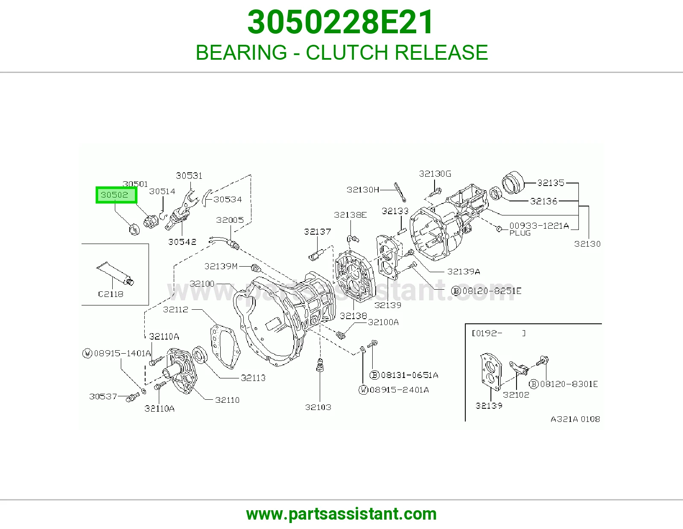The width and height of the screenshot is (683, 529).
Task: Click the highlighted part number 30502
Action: click(114, 195)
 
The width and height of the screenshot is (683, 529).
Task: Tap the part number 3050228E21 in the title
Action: click(341, 22)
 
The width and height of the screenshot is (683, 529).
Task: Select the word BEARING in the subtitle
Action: click(241, 52)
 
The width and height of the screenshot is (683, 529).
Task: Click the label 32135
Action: click(551, 183)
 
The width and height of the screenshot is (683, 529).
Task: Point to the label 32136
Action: click(544, 201)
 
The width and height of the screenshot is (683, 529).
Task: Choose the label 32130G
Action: click(435, 174)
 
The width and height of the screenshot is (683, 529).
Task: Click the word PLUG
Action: click(520, 233)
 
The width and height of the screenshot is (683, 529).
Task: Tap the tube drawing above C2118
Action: click(115, 273)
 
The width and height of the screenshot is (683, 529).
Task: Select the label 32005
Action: click(230, 220)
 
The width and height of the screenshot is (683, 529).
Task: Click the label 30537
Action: click(103, 396)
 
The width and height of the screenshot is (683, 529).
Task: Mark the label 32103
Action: click(318, 407)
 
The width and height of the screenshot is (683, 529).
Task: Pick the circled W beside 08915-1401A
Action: click(87, 353)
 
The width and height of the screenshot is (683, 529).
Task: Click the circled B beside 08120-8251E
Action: click(456, 291)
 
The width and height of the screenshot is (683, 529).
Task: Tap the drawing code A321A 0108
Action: click(575, 419)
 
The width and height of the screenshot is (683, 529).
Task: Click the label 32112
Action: click(176, 309)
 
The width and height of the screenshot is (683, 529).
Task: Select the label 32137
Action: click(318, 232)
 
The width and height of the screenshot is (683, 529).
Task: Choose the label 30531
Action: click(189, 176)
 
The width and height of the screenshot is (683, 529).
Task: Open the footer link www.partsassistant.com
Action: click(341, 514)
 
